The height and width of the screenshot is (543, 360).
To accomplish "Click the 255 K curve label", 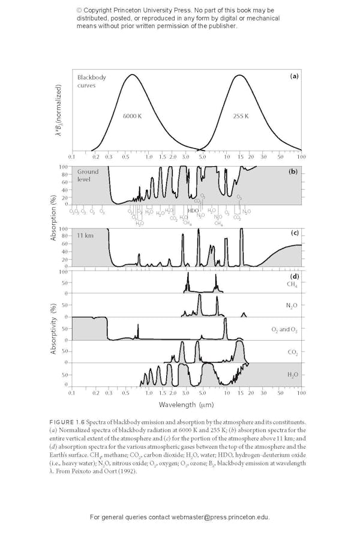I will pos(241,115).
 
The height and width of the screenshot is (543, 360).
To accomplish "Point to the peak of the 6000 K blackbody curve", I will pos(131,74).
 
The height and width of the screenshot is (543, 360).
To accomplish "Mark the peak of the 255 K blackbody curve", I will pos(239,75).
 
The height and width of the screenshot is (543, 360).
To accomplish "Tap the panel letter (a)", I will pos(294,76).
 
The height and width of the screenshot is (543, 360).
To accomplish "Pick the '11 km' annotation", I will pos(85,235).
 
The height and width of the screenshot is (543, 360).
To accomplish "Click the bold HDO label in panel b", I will pos(193,211).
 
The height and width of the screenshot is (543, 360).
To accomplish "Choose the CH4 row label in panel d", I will pos(292,284).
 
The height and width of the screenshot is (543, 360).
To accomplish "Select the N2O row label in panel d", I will pos(292,306).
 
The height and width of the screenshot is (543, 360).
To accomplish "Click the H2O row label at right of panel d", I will pos(292,374).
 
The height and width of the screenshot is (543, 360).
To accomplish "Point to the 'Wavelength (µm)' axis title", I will pos(186,406).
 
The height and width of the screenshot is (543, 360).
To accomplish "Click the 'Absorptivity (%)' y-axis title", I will pos(53,328).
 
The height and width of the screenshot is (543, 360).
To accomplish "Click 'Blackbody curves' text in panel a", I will pos(90,81).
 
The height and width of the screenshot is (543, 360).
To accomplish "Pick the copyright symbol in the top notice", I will pos(79,11).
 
